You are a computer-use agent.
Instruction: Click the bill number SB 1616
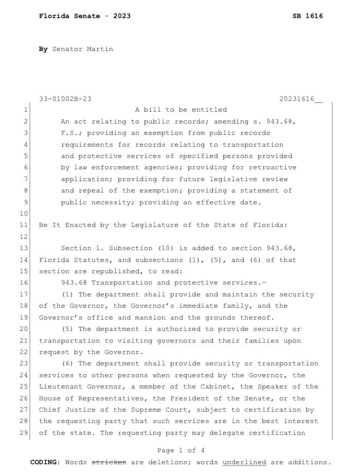pyautogui.click(x=307, y=16)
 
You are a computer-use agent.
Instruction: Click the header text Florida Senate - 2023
pyautogui.click(x=84, y=16)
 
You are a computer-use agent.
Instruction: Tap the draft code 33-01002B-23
pyautogui.click(x=65, y=98)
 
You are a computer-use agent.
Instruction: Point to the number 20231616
pyautogui.click(x=297, y=98)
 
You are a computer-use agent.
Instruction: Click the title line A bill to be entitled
pyautogui.click(x=180, y=110)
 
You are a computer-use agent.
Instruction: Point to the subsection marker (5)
pyautogui.click(x=69, y=329)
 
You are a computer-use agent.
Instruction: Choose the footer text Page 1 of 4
pyautogui.click(x=180, y=450)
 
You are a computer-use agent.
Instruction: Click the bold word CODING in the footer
pyautogui.click(x=45, y=462)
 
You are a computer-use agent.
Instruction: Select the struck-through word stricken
pyautogui.click(x=108, y=462)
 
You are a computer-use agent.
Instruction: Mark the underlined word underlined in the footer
pyautogui.click(x=244, y=462)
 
